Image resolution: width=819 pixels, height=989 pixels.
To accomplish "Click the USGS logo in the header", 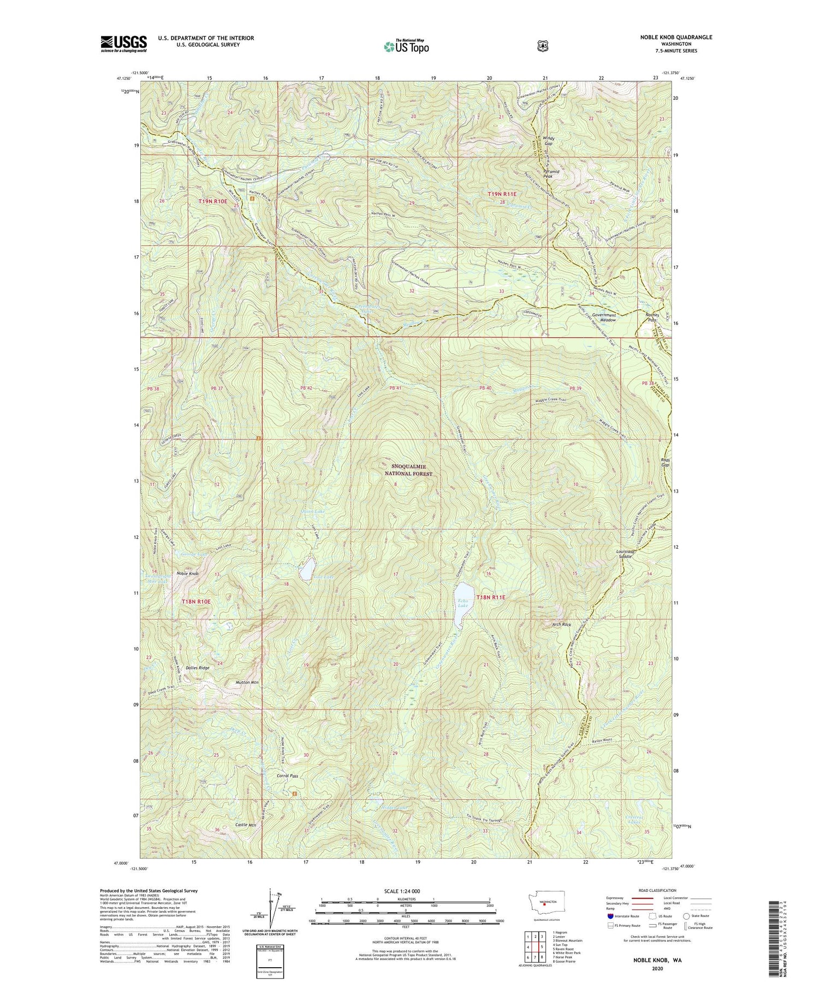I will click(123, 44).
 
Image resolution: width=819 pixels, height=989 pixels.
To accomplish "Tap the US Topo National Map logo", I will click(406, 46).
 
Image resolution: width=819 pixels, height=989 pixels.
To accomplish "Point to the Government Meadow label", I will click(604, 317).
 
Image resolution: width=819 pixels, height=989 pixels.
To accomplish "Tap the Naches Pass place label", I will click(651, 317).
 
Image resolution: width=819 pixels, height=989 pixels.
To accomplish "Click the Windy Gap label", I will click(548, 141).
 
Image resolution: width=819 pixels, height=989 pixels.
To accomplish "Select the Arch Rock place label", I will click(561, 624).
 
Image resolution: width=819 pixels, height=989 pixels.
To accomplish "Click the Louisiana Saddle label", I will click(624, 554).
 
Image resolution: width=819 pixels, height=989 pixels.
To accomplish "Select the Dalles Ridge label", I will click(197, 668).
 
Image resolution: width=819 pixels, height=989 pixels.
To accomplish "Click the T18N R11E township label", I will click(491, 597).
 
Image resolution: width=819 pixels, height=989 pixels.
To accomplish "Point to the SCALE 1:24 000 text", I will click(405, 891).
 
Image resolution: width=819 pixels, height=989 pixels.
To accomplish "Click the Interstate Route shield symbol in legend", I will click(610, 916).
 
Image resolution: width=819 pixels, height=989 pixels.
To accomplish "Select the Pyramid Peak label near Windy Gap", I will click(550, 173).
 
